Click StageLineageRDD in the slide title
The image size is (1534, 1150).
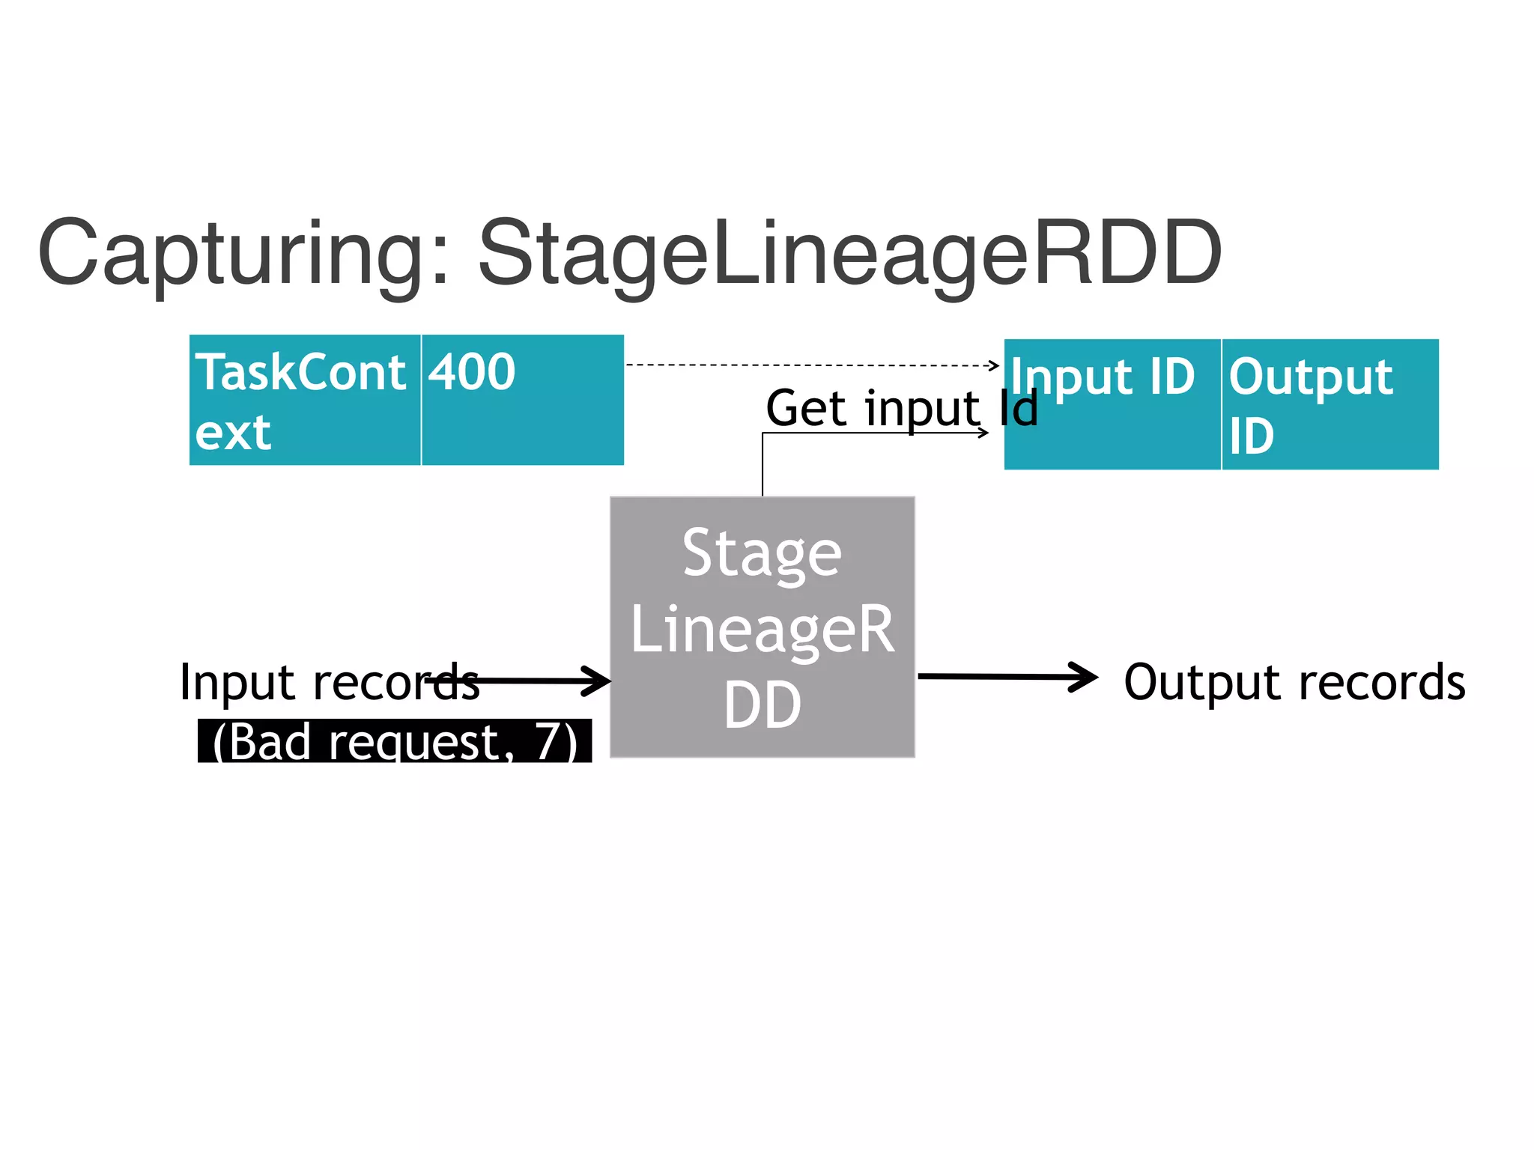point(850,255)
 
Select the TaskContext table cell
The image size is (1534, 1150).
point(305,401)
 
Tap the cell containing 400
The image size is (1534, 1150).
point(523,401)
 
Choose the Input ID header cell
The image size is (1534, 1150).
point(1112,404)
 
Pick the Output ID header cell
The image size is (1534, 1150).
point(1330,404)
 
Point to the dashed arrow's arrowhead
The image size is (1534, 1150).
point(995,365)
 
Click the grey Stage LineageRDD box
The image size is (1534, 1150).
point(763,627)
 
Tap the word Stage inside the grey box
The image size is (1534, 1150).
point(763,554)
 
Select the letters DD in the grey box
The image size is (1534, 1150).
point(763,705)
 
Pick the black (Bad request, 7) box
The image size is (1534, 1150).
point(395,741)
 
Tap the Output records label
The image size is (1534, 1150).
point(1294,682)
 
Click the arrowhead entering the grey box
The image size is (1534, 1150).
point(599,681)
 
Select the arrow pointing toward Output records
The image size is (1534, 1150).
point(1007,677)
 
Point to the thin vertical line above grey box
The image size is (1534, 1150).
point(763,464)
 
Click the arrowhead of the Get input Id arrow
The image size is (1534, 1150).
point(983,433)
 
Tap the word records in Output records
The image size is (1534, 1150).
point(1382,682)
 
